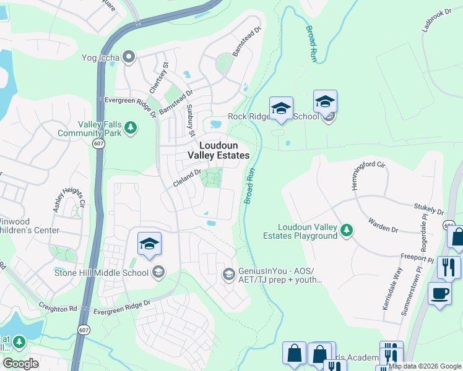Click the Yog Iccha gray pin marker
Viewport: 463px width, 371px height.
point(129,58)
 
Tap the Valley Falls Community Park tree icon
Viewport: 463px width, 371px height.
point(130,127)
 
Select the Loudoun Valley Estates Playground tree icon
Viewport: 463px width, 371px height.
point(347,231)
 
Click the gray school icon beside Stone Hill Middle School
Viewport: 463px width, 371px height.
point(158,273)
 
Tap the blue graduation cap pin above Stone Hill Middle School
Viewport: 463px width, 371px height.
point(149,244)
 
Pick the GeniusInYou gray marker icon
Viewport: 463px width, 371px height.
point(228,274)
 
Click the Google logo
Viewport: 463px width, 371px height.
point(20,363)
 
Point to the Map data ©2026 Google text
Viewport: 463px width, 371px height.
point(425,366)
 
